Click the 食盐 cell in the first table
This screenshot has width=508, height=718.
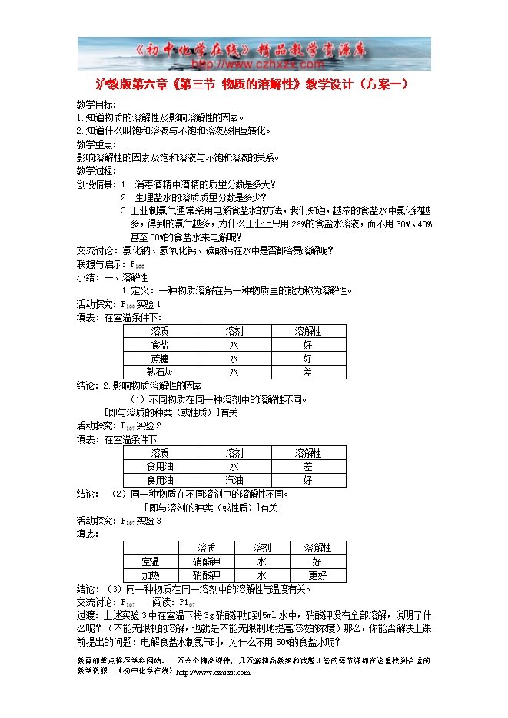coord(160,344)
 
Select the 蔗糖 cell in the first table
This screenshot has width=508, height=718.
coord(160,358)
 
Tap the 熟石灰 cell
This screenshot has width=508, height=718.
coord(160,372)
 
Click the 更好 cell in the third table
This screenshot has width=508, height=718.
coord(317,575)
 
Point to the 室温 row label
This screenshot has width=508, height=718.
coord(151,561)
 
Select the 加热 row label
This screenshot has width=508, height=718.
coord(151,575)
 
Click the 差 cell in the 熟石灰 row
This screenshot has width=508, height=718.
coord(307,372)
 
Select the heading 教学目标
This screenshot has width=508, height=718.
coord(96,104)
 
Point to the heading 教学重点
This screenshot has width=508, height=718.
coord(96,144)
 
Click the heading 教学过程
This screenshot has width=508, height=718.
coord(96,170)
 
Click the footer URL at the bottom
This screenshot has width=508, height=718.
coord(213,673)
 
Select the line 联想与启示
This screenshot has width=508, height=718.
coord(109,263)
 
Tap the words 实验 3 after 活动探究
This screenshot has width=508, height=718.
coord(148,521)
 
